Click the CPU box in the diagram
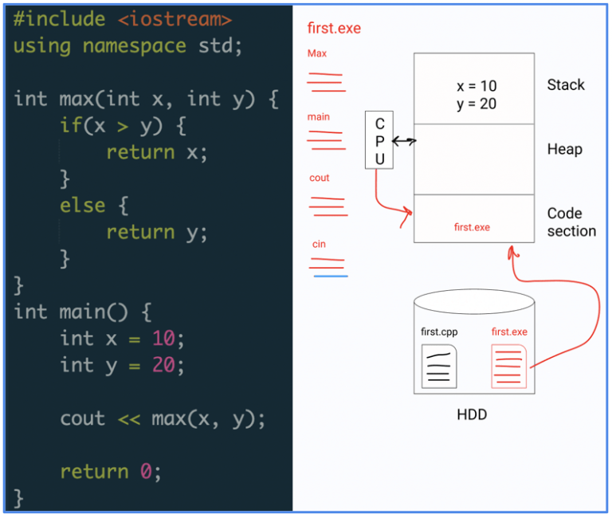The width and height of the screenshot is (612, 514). tap(379, 140)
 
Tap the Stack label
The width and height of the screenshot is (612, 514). tap(566, 84)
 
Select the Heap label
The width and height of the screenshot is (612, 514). tap(564, 149)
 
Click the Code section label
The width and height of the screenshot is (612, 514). tap(571, 222)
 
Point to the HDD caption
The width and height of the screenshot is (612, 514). tap(473, 414)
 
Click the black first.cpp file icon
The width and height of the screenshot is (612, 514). tap(439, 366)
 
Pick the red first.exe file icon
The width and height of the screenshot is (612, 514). tap(509, 366)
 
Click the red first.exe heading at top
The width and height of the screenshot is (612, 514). tap(334, 29)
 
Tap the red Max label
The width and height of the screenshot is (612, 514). tap(316, 54)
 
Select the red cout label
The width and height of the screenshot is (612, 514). tap(319, 178)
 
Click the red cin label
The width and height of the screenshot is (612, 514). tap(318, 244)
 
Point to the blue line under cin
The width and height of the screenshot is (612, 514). tap(330, 276)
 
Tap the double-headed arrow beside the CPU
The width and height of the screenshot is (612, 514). tap(405, 141)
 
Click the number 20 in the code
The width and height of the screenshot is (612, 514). tap(168, 365)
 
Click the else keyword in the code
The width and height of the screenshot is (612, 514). tap(83, 206)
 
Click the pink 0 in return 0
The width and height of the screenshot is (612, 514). tap(145, 471)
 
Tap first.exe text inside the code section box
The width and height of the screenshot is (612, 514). tap(472, 227)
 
